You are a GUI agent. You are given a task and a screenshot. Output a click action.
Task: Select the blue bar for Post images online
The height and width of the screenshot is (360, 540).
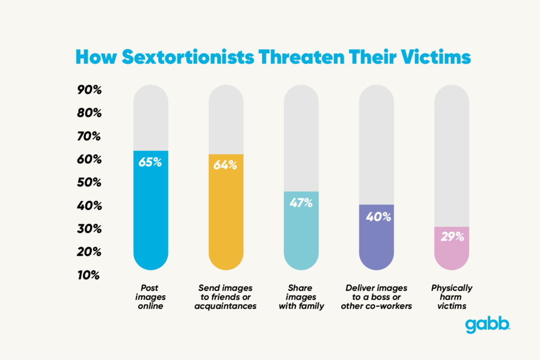click(151, 216)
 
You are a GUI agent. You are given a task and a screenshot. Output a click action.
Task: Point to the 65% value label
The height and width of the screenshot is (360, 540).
click(150, 162)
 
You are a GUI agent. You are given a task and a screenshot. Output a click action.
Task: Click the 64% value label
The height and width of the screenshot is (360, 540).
click(225, 165)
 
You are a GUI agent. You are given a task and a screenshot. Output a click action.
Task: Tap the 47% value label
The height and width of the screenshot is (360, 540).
click(301, 202)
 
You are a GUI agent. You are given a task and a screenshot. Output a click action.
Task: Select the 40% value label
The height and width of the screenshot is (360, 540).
click(376, 216)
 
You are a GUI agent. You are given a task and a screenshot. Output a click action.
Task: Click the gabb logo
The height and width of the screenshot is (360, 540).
click(487, 325)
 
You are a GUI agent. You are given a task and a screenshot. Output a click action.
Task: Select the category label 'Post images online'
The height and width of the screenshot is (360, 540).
click(150, 297)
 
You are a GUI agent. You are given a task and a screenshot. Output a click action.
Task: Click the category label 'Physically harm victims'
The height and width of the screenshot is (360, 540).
click(451, 297)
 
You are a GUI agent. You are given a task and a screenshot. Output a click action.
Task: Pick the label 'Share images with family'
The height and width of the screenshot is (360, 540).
click(301, 297)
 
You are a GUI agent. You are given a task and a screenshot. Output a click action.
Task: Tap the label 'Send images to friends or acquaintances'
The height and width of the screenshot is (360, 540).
click(226, 297)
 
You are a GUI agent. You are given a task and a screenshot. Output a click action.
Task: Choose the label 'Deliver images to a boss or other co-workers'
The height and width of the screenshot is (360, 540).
click(376, 297)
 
